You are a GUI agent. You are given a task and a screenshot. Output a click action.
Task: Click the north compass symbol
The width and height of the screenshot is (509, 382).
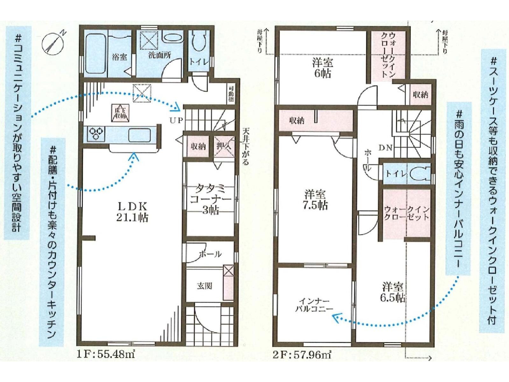53,42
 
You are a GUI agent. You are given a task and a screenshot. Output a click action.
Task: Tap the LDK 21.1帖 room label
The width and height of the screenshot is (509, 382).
132,212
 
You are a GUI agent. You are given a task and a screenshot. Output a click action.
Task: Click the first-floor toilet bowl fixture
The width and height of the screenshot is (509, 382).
199,41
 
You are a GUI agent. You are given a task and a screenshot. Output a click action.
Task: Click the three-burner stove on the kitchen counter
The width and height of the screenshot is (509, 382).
96,134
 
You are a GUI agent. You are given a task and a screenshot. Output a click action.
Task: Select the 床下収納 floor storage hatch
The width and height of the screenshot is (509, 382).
120,113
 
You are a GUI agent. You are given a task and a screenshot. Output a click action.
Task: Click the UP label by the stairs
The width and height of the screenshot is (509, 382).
176,120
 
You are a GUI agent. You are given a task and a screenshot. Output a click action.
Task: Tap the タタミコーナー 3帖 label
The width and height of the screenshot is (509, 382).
210,199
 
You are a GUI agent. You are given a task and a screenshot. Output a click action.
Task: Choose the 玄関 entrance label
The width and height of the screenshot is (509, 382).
204,286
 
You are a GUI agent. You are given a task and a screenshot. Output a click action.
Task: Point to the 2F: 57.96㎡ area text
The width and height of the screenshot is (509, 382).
302,354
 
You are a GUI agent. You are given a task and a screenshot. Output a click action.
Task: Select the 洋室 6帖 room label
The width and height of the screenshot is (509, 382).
322,68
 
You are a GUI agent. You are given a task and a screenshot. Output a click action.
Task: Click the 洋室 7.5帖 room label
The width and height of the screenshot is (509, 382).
315,200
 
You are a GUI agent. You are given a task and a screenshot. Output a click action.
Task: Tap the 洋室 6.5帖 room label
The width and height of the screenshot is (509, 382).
393,292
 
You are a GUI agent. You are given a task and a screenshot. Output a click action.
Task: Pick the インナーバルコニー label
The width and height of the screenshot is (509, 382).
314,305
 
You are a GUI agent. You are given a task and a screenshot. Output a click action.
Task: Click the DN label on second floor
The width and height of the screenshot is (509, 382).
385,148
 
